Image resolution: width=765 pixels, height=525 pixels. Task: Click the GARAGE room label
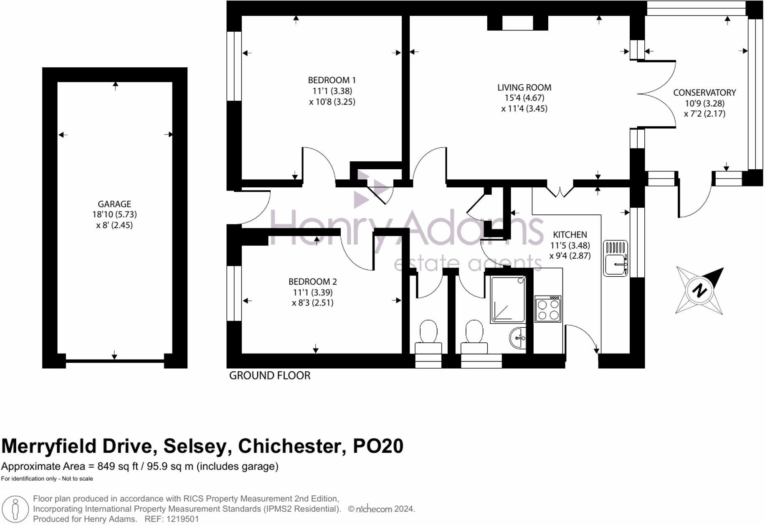(114, 204)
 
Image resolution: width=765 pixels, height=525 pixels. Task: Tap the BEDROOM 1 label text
(332, 80)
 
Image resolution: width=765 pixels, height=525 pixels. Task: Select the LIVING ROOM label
(524, 87)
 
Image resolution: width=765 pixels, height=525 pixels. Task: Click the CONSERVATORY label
(704, 92)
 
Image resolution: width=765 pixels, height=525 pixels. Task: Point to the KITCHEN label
(570, 234)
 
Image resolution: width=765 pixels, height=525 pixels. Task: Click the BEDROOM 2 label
(312, 282)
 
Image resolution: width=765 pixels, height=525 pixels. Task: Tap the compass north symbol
(700, 290)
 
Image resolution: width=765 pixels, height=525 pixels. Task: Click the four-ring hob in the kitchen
(548, 309)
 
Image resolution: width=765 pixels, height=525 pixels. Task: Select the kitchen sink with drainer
(616, 258)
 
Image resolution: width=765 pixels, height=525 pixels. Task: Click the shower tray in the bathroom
(508, 300)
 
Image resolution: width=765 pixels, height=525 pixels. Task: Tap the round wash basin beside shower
(518, 338)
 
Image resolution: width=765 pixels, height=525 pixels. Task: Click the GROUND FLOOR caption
(270, 375)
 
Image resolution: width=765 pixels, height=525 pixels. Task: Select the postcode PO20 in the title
(378, 446)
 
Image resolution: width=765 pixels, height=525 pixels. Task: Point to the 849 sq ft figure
(118, 466)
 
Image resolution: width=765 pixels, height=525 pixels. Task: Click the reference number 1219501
(183, 519)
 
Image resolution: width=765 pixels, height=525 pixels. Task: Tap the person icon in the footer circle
(15, 510)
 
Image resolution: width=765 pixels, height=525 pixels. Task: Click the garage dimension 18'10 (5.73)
(114, 214)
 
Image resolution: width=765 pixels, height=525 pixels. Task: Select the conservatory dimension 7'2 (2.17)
(704, 114)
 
